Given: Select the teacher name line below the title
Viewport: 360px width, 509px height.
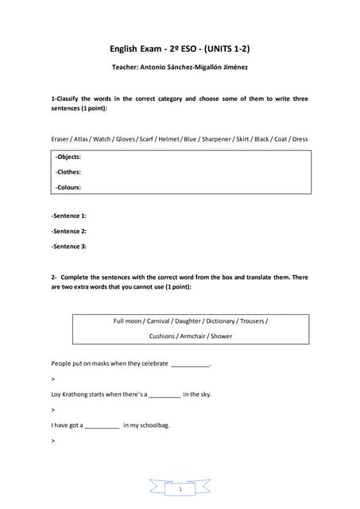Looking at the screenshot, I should coord(180,67).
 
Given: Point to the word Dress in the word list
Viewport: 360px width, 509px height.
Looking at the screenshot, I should coord(300,139).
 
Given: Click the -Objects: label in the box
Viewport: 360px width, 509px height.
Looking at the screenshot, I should coord(68,157).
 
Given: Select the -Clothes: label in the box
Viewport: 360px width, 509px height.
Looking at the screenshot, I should coord(68,172).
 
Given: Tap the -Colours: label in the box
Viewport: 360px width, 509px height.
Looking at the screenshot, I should coord(68,188).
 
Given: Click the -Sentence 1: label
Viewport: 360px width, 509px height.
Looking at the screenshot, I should coord(69,216).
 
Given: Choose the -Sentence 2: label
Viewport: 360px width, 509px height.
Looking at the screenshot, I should coord(69,231).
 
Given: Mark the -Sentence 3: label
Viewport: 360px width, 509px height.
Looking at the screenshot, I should coord(69,246).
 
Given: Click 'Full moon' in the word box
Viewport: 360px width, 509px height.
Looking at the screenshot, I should coord(128,321).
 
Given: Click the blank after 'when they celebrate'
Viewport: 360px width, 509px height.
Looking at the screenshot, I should coord(191,365).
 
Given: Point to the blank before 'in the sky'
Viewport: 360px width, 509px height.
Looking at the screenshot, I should coord(165,395).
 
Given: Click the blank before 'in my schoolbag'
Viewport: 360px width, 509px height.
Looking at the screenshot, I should coord(102,426).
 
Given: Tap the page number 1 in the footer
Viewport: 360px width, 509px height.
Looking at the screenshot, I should coord(180,489).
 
